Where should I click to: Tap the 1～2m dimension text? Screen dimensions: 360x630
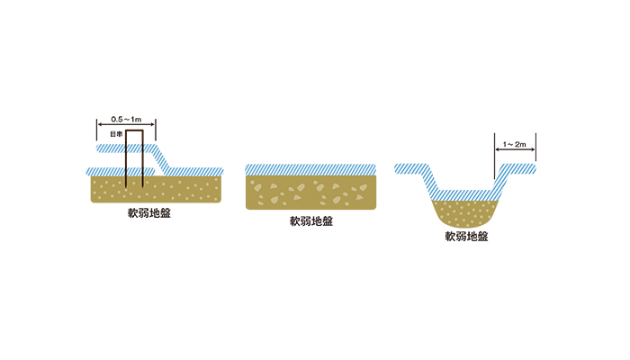[x=515, y=143]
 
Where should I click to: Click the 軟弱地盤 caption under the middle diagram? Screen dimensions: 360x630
[x=310, y=221]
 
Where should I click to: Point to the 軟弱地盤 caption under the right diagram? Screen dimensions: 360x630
[x=466, y=238]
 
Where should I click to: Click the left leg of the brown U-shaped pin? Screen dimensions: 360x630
[x=126, y=162]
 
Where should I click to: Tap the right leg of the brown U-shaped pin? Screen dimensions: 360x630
[x=142, y=162]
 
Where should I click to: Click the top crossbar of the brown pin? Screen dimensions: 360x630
[x=134, y=131]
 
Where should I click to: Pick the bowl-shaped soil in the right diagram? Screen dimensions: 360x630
[x=466, y=213]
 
